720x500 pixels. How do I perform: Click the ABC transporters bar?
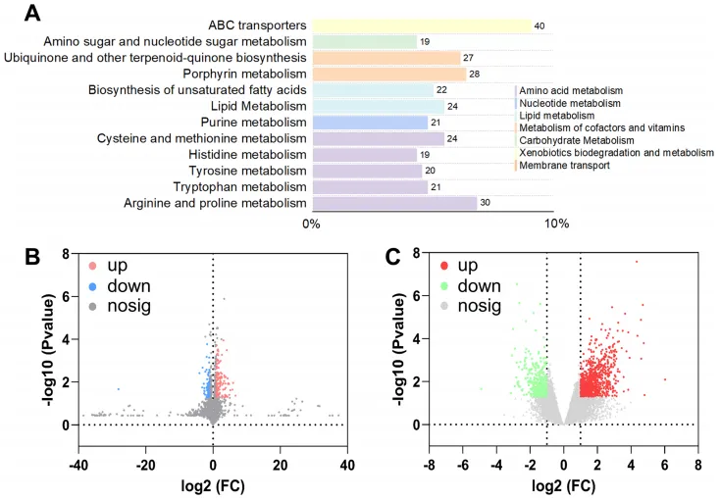click(421, 25)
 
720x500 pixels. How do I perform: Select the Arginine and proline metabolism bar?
click(393, 203)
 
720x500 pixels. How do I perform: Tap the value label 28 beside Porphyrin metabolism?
click(474, 75)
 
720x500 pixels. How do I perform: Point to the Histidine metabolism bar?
click(364, 155)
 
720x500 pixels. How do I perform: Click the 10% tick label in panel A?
click(556, 225)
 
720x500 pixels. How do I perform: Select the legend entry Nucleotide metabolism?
click(570, 103)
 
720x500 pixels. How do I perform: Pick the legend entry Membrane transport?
click(564, 166)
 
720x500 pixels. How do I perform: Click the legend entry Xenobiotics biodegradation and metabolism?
click(616, 153)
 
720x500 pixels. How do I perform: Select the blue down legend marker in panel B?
click(93, 286)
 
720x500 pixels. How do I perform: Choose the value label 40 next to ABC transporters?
click(540, 25)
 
